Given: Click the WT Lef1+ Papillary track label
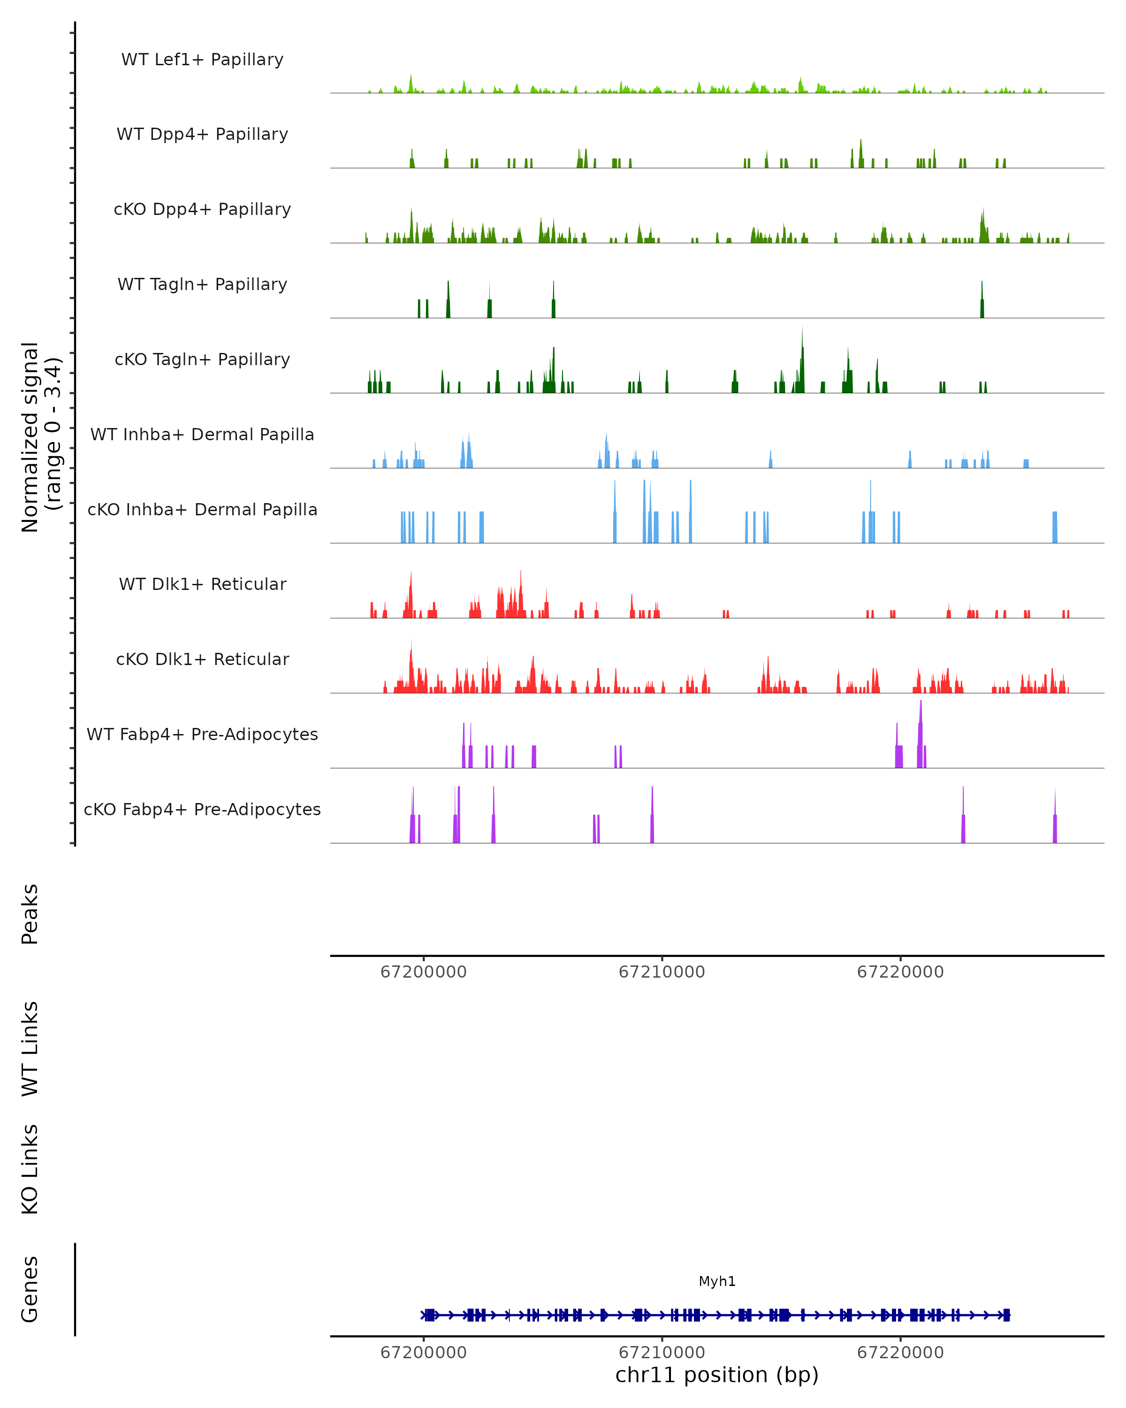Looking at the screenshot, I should [x=202, y=60].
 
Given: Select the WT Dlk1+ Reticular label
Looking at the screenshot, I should [x=202, y=584].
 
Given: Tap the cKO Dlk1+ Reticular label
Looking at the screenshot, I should [x=202, y=659].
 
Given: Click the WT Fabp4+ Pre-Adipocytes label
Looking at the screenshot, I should [x=202, y=734].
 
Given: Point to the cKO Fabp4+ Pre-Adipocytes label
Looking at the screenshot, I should [x=202, y=809].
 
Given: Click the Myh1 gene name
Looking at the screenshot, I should [x=717, y=1281].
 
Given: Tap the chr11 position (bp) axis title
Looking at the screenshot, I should [x=717, y=1375].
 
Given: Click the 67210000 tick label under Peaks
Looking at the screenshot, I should [x=662, y=972].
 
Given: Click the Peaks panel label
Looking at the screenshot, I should [x=30, y=914].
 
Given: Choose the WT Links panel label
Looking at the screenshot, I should [x=30, y=1049].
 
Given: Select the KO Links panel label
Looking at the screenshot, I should [x=30, y=1169].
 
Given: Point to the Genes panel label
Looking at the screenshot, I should [x=30, y=1289].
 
